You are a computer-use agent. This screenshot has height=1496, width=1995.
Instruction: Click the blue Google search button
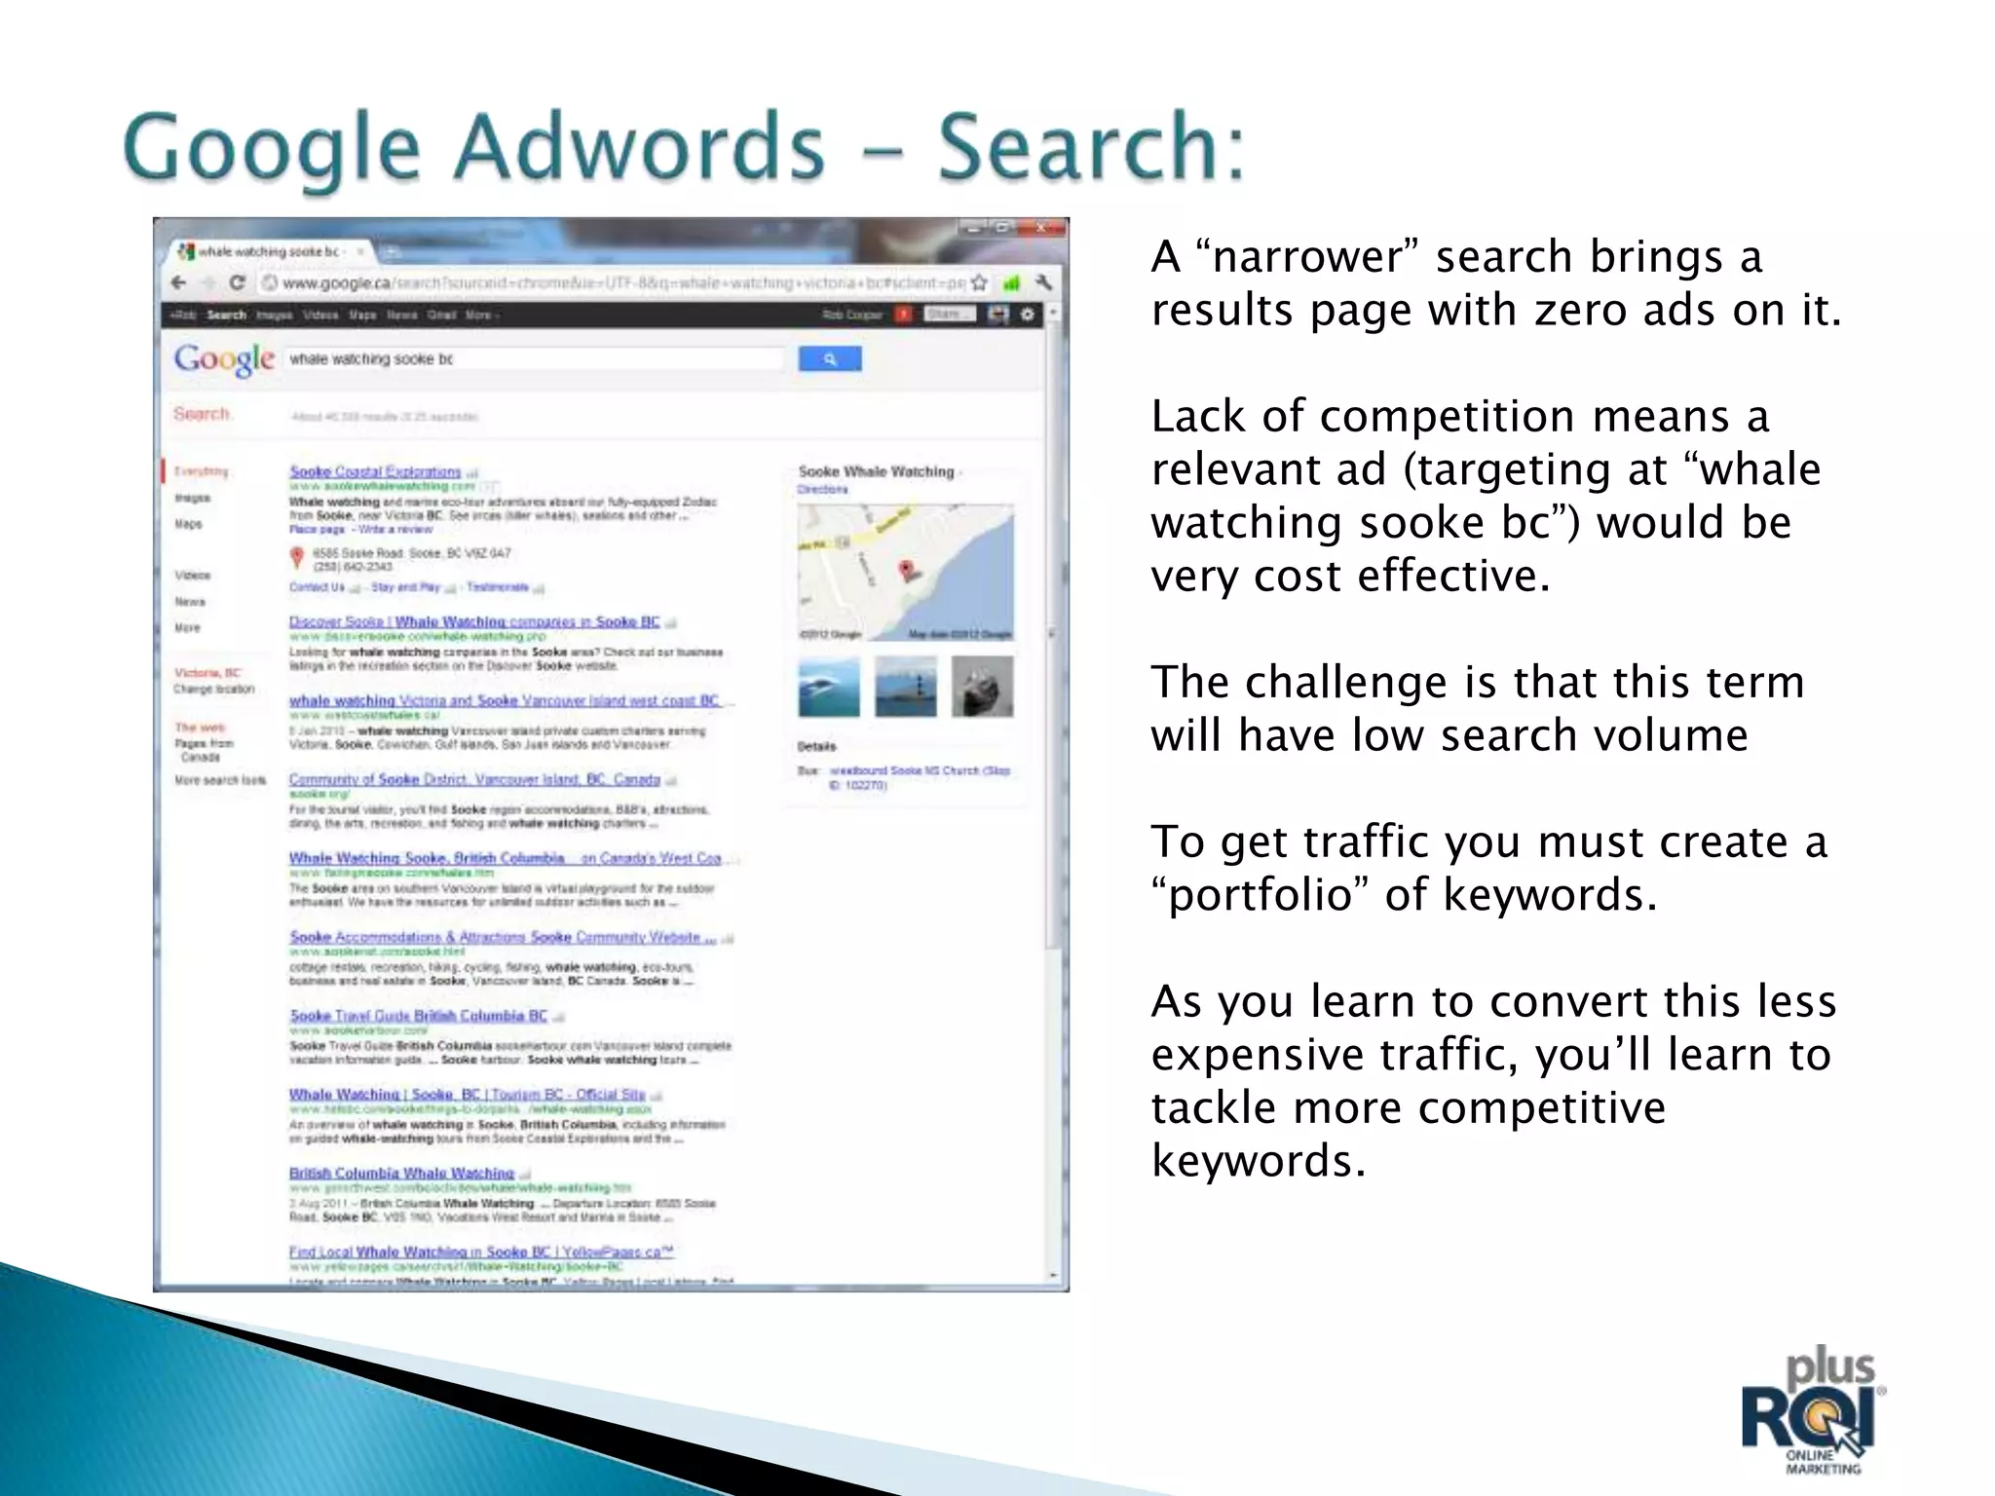(x=829, y=359)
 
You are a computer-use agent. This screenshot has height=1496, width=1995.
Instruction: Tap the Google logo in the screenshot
(x=224, y=359)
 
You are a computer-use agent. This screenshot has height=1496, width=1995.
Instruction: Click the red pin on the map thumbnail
(x=907, y=571)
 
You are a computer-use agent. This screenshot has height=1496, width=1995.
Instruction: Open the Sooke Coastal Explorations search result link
(x=375, y=471)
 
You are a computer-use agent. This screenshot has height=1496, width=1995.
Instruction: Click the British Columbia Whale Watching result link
(x=401, y=1173)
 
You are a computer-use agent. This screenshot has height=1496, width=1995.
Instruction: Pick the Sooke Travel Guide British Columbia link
(x=419, y=1016)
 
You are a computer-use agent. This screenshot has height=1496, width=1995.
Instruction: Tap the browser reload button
(x=237, y=282)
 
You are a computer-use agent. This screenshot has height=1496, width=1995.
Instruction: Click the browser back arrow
(x=178, y=282)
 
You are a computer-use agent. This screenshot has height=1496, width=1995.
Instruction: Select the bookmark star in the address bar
(x=979, y=282)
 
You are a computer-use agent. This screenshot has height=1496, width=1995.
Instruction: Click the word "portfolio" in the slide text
(x=1261, y=894)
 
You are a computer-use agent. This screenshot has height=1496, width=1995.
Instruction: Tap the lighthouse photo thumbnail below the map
(x=905, y=687)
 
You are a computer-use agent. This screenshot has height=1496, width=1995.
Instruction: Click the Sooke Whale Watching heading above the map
(x=876, y=471)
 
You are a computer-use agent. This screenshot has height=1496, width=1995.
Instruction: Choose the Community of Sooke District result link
(x=474, y=779)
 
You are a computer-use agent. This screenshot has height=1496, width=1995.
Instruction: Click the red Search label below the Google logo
(x=202, y=414)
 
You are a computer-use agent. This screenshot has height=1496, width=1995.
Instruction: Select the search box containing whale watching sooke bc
(x=534, y=359)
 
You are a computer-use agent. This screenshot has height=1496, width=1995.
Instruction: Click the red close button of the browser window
(x=1042, y=228)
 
